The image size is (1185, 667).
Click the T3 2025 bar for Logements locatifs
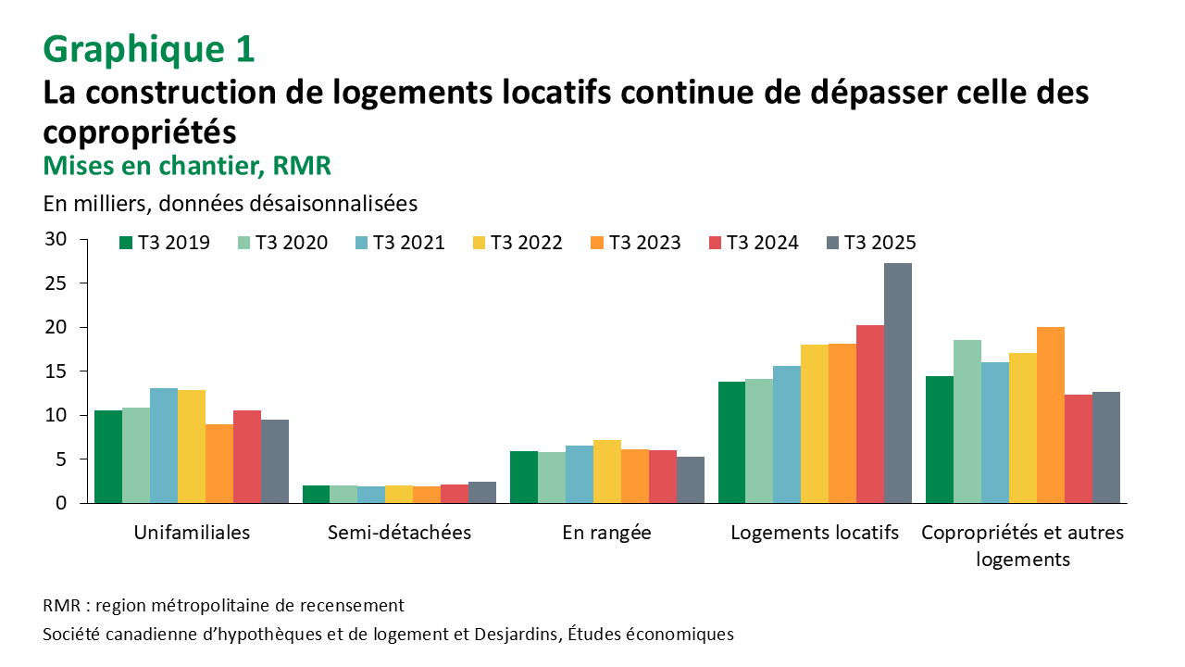click(x=898, y=383)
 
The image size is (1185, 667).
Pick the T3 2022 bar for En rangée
click(x=607, y=472)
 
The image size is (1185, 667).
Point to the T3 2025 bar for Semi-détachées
click(x=482, y=492)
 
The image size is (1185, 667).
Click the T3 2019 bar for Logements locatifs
click(x=731, y=442)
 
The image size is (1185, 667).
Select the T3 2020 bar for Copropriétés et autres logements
click(x=967, y=422)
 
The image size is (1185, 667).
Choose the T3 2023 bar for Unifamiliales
click(x=219, y=463)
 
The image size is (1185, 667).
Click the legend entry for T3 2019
click(x=165, y=243)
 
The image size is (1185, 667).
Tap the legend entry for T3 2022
click(x=517, y=243)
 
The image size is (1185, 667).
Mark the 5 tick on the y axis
click(x=60, y=459)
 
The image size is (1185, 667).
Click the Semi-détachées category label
click(x=399, y=533)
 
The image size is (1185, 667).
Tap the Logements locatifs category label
click(x=815, y=533)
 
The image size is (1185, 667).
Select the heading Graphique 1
click(x=148, y=49)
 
